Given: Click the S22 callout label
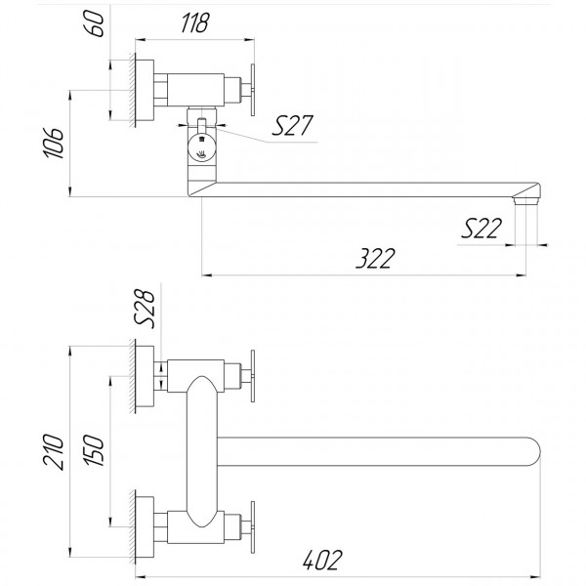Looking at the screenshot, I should pos(482,229).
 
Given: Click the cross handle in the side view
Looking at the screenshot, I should pos(253,89).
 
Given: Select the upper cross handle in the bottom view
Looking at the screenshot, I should pos(253,374).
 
